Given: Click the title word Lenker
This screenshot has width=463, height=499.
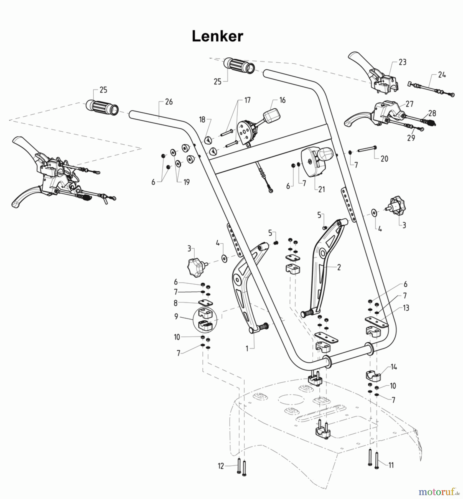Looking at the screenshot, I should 217,36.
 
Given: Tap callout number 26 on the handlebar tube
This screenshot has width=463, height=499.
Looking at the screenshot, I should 169,102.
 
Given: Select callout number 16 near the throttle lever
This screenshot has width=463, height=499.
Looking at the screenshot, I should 282,100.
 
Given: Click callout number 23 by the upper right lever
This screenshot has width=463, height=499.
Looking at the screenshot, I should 402,62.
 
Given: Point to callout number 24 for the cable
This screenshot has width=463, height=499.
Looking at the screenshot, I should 442,75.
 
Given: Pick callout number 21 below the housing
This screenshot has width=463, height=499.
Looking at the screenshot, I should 321,189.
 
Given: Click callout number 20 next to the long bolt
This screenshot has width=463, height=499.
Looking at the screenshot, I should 384,159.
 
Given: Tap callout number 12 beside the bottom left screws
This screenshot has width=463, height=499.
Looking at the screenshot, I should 221,466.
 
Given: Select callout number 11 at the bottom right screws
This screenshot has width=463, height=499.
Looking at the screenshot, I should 391,465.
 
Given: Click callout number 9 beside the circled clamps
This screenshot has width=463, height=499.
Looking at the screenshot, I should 176,316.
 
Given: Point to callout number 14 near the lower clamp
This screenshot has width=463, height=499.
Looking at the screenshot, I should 394,367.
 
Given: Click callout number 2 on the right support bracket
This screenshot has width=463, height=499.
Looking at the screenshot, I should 339,267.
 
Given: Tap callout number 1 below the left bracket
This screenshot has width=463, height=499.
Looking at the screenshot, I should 247,349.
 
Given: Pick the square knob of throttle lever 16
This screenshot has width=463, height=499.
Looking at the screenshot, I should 271,115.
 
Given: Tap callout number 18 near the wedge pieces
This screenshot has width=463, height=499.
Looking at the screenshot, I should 202,119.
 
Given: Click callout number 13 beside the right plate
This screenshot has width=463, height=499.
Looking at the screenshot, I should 406,308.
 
